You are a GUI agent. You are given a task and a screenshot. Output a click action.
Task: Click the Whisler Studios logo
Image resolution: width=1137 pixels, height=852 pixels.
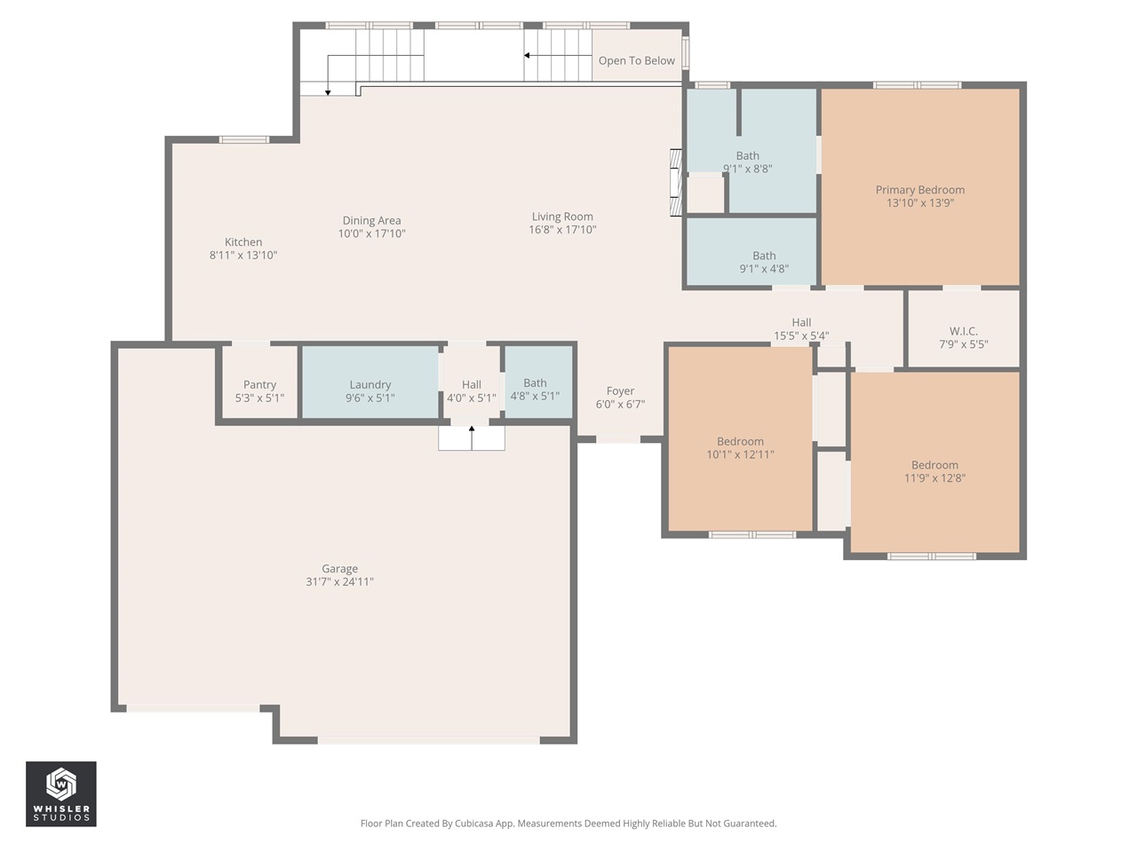(x=60, y=793)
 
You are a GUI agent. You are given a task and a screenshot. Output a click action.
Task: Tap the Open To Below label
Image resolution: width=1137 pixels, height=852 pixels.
(x=636, y=60)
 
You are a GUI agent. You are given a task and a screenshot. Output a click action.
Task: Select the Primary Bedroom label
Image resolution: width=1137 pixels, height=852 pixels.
(x=919, y=190)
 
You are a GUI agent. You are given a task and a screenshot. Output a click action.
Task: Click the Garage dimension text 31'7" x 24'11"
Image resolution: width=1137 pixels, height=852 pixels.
(x=339, y=582)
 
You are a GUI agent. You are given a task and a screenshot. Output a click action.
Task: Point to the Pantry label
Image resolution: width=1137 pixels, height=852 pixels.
(x=259, y=385)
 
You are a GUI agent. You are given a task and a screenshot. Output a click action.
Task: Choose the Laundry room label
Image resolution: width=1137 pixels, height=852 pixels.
(x=370, y=385)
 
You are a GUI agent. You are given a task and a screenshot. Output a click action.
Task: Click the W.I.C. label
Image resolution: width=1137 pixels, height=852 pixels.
(x=963, y=332)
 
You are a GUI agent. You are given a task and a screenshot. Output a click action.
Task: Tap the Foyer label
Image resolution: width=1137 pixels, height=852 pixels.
(x=620, y=391)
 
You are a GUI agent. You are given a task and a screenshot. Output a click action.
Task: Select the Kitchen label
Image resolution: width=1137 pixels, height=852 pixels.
(x=243, y=242)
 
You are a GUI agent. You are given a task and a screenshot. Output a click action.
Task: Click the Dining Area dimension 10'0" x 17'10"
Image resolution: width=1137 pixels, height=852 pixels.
(x=371, y=234)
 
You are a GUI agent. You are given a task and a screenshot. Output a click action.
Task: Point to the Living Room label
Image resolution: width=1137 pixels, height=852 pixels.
(x=562, y=217)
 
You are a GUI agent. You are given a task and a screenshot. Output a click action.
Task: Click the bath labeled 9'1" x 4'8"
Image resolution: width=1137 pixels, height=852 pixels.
(x=764, y=263)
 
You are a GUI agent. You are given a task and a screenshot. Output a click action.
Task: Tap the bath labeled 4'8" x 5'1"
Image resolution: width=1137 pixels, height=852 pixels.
(x=535, y=390)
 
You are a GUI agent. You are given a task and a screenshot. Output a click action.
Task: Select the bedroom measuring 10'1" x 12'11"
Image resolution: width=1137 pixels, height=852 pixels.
(x=740, y=448)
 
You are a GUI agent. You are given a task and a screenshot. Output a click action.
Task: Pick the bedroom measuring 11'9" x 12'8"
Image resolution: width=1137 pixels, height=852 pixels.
(x=934, y=471)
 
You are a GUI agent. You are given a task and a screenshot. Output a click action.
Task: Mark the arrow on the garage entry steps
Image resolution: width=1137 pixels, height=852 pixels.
(x=472, y=431)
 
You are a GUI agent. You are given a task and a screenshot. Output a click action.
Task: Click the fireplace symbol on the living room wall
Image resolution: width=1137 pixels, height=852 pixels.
(x=675, y=183)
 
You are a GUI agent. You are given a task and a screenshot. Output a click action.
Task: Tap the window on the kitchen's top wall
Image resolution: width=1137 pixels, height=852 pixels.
(x=244, y=139)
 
